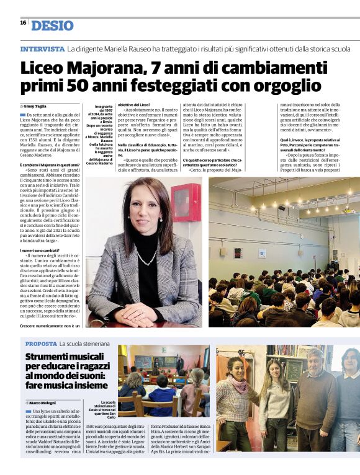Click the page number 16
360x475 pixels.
tap(23, 22)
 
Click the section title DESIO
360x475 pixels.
tap(52, 25)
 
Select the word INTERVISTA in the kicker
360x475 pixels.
tap(42, 48)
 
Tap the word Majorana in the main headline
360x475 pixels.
tap(109, 67)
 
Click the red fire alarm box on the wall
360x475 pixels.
tap(186, 202)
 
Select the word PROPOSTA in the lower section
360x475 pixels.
tap(40, 344)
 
